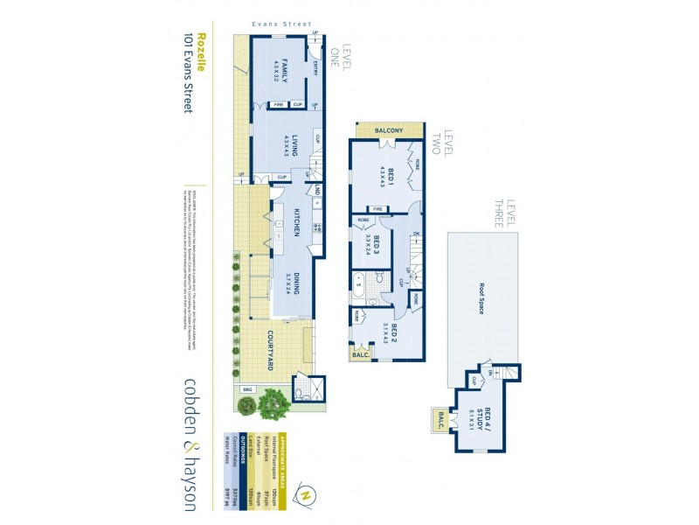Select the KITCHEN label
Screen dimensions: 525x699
tap(296, 223)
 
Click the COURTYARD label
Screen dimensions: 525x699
tap(271, 350)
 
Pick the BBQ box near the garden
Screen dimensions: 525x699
tap(247, 389)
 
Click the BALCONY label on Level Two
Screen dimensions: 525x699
tap(388, 130)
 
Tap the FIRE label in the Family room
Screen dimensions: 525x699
tap(278, 105)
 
